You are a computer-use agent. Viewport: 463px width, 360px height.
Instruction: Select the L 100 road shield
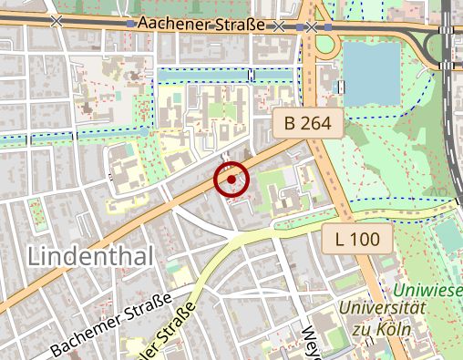tap(357, 240)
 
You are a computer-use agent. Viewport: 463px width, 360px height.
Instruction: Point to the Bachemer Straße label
tap(111, 324)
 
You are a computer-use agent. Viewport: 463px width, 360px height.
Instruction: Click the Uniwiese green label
tap(428, 291)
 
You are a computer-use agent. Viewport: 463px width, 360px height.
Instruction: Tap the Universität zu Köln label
tap(384, 318)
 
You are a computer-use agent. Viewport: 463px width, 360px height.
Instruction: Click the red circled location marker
tap(231, 179)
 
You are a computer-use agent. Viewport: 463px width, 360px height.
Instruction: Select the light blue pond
tap(371, 73)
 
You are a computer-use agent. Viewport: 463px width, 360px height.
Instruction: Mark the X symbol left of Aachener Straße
tap(57, 19)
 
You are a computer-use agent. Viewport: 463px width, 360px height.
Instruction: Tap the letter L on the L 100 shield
tap(340, 240)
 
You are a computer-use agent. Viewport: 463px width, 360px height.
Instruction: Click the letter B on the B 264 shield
tap(290, 123)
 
